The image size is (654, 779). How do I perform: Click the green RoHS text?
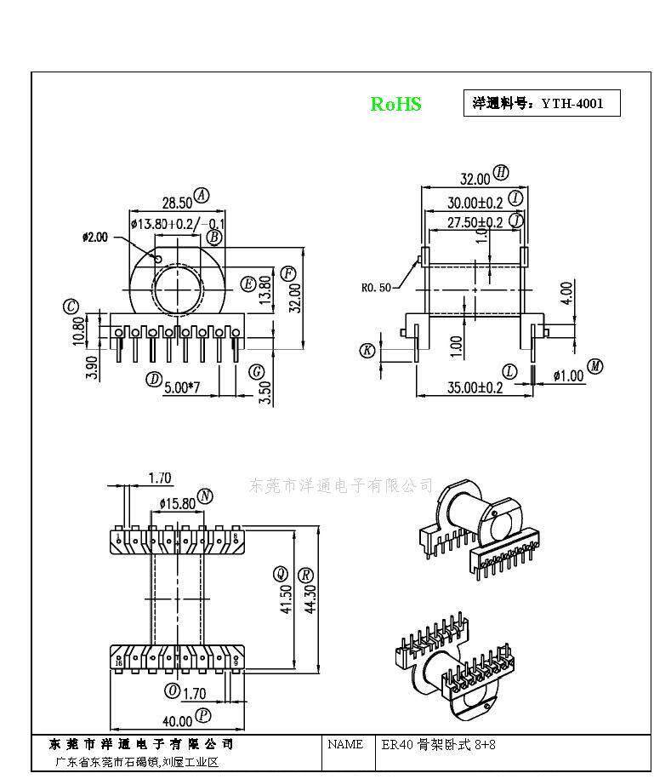(x=395, y=104)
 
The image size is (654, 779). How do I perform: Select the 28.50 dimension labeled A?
(x=176, y=203)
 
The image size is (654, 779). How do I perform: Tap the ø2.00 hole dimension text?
(x=95, y=238)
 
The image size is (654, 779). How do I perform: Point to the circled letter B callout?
(x=214, y=237)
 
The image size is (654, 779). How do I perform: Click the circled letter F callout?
(x=288, y=273)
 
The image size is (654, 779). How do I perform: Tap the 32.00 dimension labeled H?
(x=475, y=179)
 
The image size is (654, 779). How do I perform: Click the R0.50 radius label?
(x=376, y=288)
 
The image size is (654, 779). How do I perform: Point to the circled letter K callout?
(x=367, y=350)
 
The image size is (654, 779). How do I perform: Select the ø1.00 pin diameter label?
(x=568, y=375)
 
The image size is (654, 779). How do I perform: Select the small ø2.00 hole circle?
(x=158, y=257)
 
